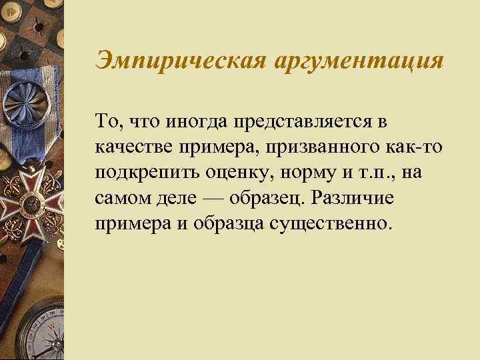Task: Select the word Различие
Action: point(348,197)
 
